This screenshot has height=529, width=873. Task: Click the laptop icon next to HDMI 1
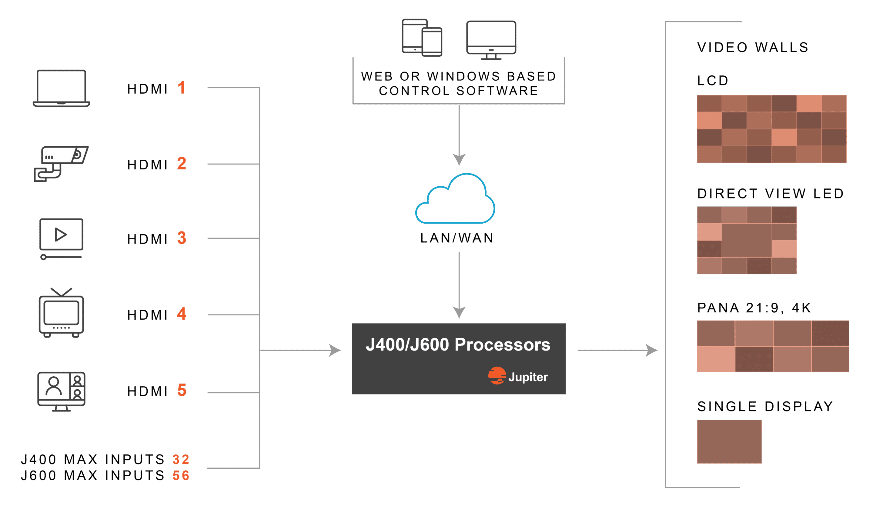coord(61,88)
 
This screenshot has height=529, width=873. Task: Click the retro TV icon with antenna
coord(61,314)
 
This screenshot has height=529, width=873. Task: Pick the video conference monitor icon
coord(61,391)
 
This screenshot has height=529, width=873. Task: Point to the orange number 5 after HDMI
coord(182,390)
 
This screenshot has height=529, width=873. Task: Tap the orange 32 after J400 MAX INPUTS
coord(181,460)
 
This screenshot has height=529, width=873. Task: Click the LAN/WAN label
coord(457,238)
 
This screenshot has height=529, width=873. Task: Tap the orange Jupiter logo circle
coord(497,376)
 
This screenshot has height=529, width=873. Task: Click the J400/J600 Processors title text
coord(458,344)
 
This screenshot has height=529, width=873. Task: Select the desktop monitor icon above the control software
coord(491,39)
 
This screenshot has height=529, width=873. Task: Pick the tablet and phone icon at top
coord(422,38)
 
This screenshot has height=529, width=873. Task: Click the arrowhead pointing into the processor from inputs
coord(335,350)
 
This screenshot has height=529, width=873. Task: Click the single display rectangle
coord(729,441)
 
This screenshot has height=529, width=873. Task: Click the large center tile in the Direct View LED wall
coord(747,240)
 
